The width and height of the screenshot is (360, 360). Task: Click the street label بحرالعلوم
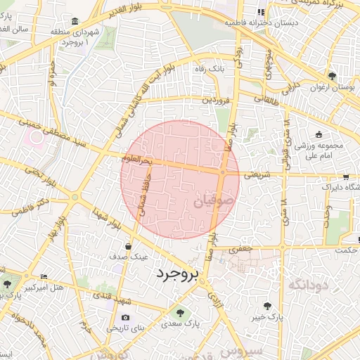tap(138, 161)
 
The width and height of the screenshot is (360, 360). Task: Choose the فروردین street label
tap(217, 101)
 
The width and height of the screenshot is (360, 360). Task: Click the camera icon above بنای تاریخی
tap(127, 317)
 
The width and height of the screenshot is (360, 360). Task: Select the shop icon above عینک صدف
tap(127, 247)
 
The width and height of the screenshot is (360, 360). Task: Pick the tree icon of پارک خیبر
tap(267, 307)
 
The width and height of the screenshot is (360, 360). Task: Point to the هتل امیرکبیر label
tap(44, 288)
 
